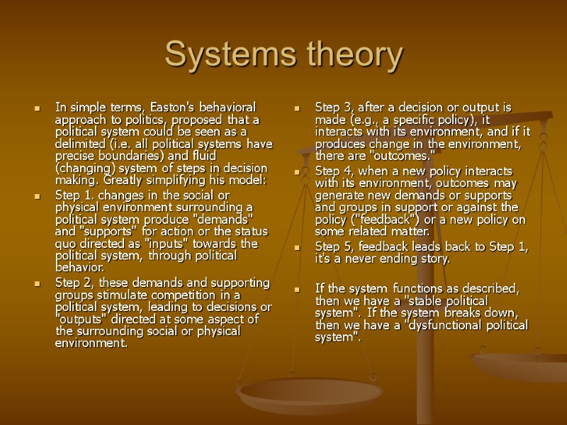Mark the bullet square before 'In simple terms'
(x=36, y=108)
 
